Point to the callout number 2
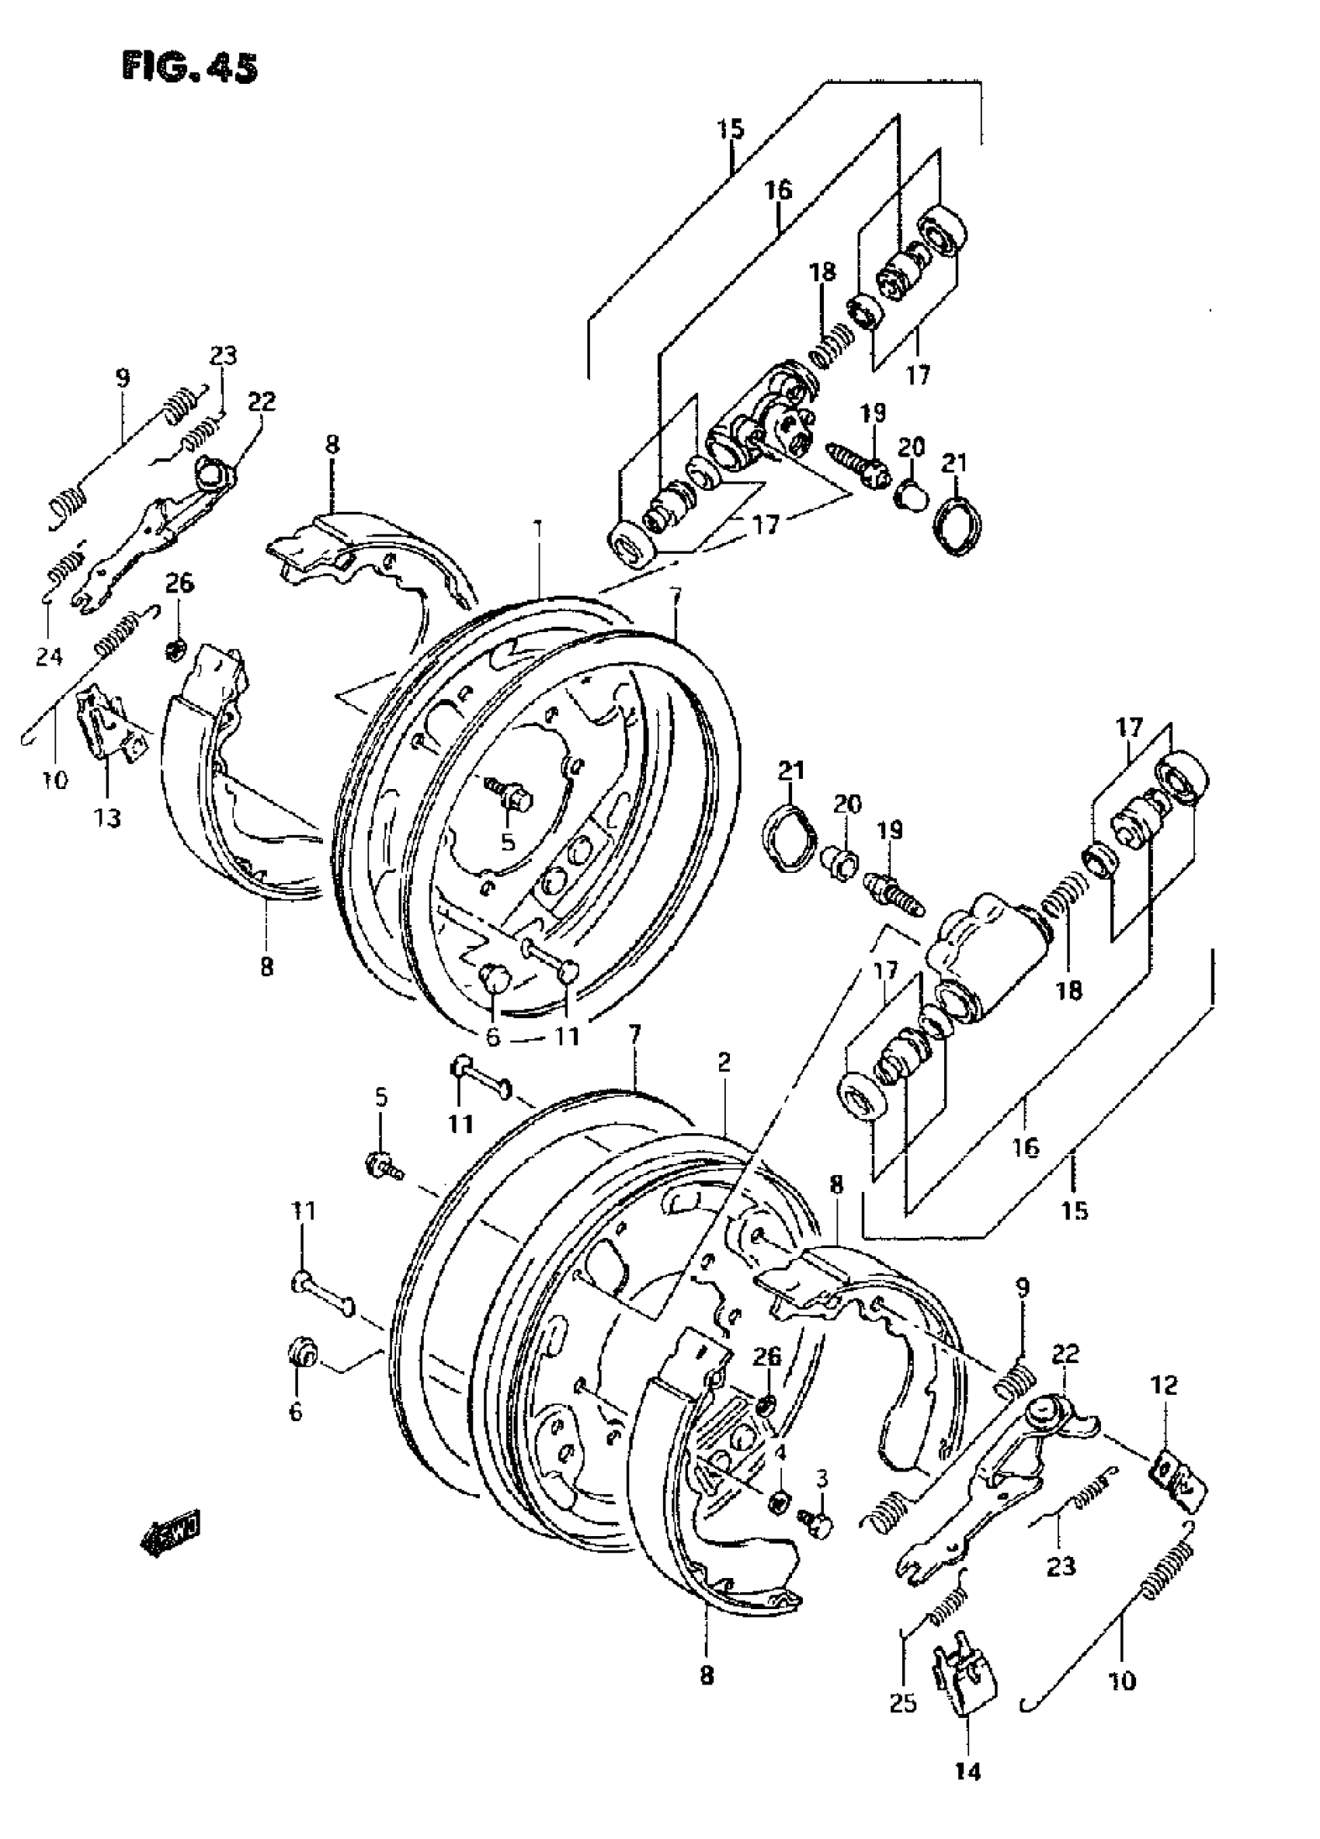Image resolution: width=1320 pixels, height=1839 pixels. (x=724, y=1062)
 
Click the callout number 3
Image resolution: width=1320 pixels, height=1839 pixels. (x=822, y=1478)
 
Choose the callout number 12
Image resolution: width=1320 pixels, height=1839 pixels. (x=1165, y=1384)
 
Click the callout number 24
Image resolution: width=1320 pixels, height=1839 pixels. (x=49, y=655)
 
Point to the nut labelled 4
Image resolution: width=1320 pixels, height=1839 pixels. (x=776, y=1500)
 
